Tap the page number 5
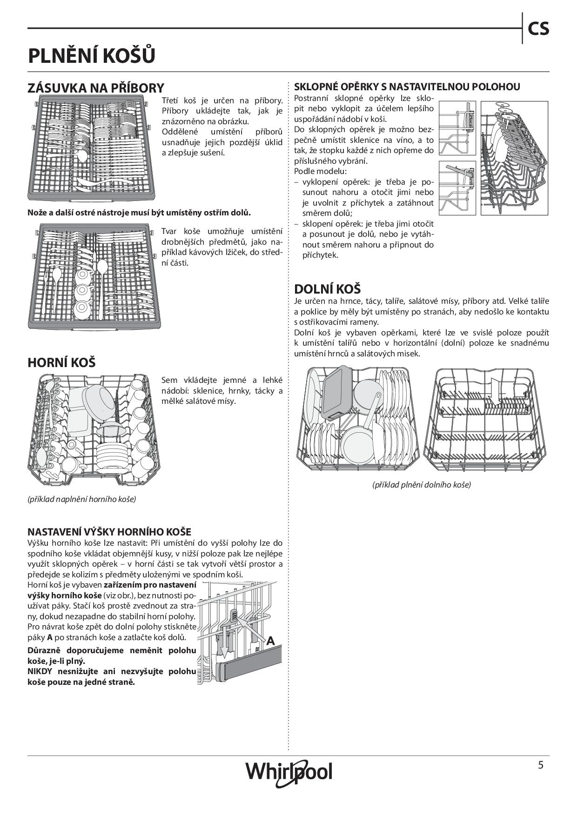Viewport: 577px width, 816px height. [x=540, y=765]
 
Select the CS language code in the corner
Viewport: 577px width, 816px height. [x=538, y=29]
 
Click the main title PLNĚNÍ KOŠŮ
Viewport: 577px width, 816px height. [x=92, y=56]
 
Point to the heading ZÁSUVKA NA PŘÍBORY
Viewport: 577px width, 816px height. [x=96, y=88]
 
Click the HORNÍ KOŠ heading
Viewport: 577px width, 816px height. [x=61, y=362]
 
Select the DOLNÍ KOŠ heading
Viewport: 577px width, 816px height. [x=327, y=289]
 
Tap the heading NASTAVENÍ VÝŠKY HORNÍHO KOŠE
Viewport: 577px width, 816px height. [x=109, y=532]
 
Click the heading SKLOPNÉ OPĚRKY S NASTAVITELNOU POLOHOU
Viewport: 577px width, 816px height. [x=407, y=87]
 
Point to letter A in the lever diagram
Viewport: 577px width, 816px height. [x=270, y=641]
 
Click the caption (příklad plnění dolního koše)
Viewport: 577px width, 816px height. [x=422, y=485]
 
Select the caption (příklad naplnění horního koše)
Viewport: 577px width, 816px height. [x=82, y=499]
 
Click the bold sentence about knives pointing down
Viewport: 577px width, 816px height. [x=139, y=213]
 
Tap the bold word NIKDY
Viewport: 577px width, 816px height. [x=40, y=671]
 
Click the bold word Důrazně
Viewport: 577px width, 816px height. [x=44, y=650]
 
